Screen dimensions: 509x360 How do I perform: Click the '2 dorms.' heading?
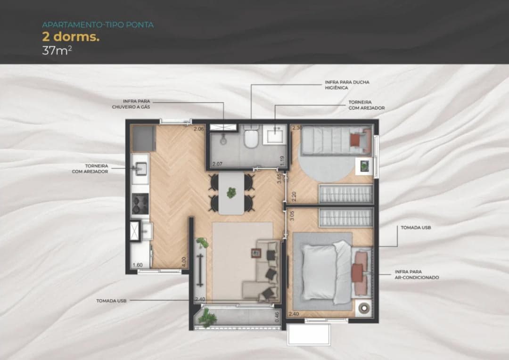70,37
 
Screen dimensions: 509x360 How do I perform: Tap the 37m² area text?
57,50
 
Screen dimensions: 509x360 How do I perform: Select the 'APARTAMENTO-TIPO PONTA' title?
98,25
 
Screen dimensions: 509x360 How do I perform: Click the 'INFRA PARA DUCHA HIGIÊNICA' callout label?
347,85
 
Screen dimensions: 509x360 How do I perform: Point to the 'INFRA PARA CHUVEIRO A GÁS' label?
131,104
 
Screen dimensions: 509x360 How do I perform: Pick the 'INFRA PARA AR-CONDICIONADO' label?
417,275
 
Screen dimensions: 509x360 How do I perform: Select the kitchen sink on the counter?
140,169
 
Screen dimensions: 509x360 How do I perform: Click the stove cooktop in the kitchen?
140,204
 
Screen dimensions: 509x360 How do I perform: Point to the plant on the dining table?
231,193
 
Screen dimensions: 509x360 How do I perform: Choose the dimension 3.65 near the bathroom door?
279,179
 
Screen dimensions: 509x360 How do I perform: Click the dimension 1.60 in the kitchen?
137,265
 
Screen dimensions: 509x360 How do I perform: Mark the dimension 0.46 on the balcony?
277,317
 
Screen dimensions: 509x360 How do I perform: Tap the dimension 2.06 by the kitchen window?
199,129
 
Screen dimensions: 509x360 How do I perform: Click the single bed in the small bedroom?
336,140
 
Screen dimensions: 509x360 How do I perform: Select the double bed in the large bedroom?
331,272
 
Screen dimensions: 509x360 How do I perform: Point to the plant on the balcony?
207,317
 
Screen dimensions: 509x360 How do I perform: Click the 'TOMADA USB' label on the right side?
416,228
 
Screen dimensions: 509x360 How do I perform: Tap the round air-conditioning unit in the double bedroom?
364,308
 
